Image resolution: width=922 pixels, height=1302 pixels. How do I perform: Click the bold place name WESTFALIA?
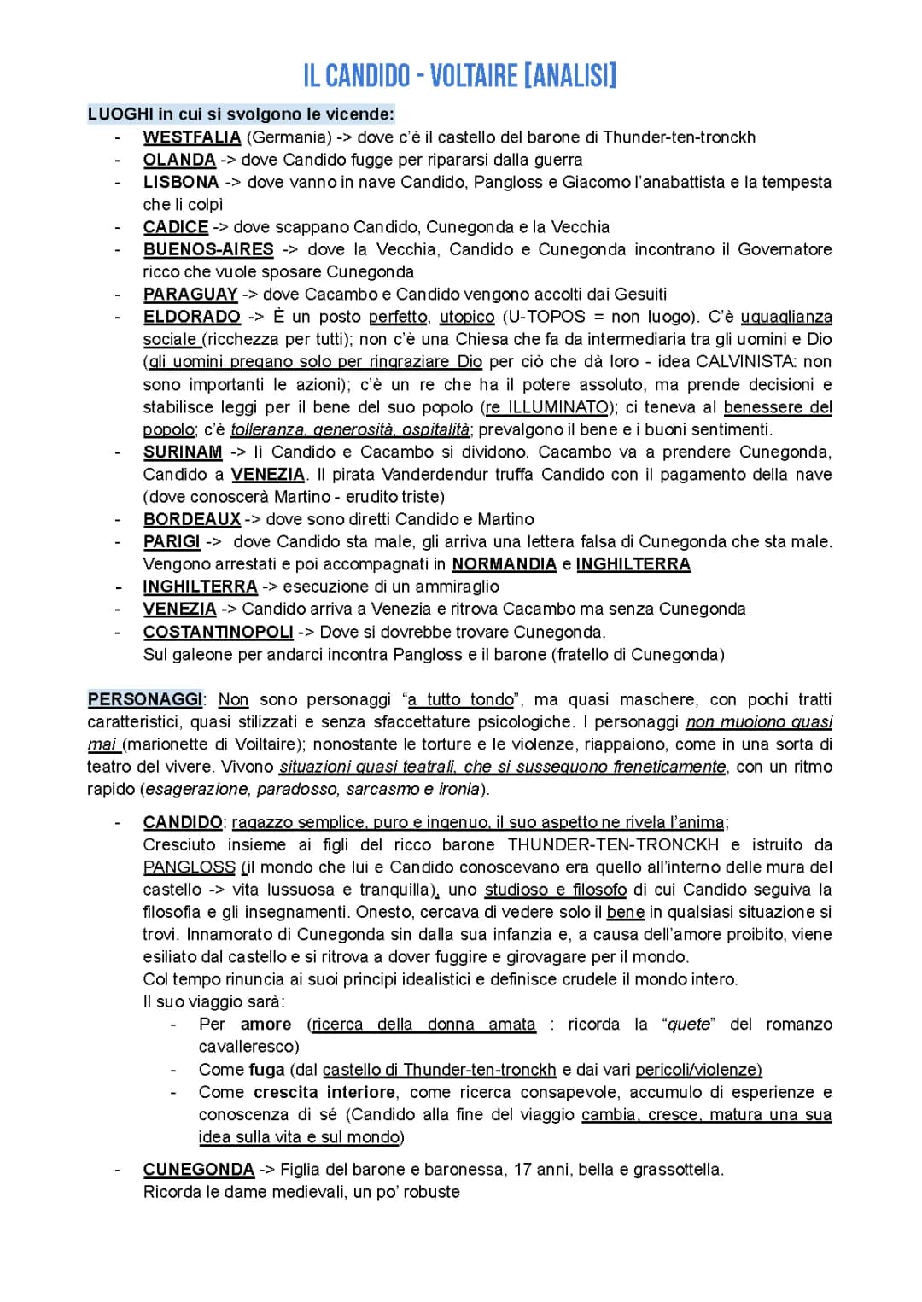click(192, 137)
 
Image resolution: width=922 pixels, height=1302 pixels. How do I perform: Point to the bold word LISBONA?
click(181, 182)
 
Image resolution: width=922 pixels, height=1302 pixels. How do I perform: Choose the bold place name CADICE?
click(176, 227)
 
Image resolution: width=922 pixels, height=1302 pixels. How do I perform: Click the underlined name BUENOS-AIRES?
click(208, 249)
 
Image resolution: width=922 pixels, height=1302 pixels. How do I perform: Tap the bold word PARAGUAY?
click(190, 295)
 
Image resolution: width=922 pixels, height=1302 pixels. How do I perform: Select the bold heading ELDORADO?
click(192, 317)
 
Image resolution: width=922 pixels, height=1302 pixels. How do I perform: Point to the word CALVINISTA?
click(747, 362)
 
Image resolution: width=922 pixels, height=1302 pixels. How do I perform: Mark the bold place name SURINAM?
click(183, 452)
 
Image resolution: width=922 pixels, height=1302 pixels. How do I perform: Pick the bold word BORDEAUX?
click(192, 519)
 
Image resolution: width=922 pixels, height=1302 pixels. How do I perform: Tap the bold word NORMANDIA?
click(504, 564)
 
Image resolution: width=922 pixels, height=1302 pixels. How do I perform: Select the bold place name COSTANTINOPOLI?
click(219, 632)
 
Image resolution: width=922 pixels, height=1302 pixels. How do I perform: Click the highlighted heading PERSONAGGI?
click(144, 699)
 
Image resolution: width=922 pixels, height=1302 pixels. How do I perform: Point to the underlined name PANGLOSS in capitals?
click(189, 867)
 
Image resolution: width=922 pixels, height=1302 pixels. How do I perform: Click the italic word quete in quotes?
click(688, 1025)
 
